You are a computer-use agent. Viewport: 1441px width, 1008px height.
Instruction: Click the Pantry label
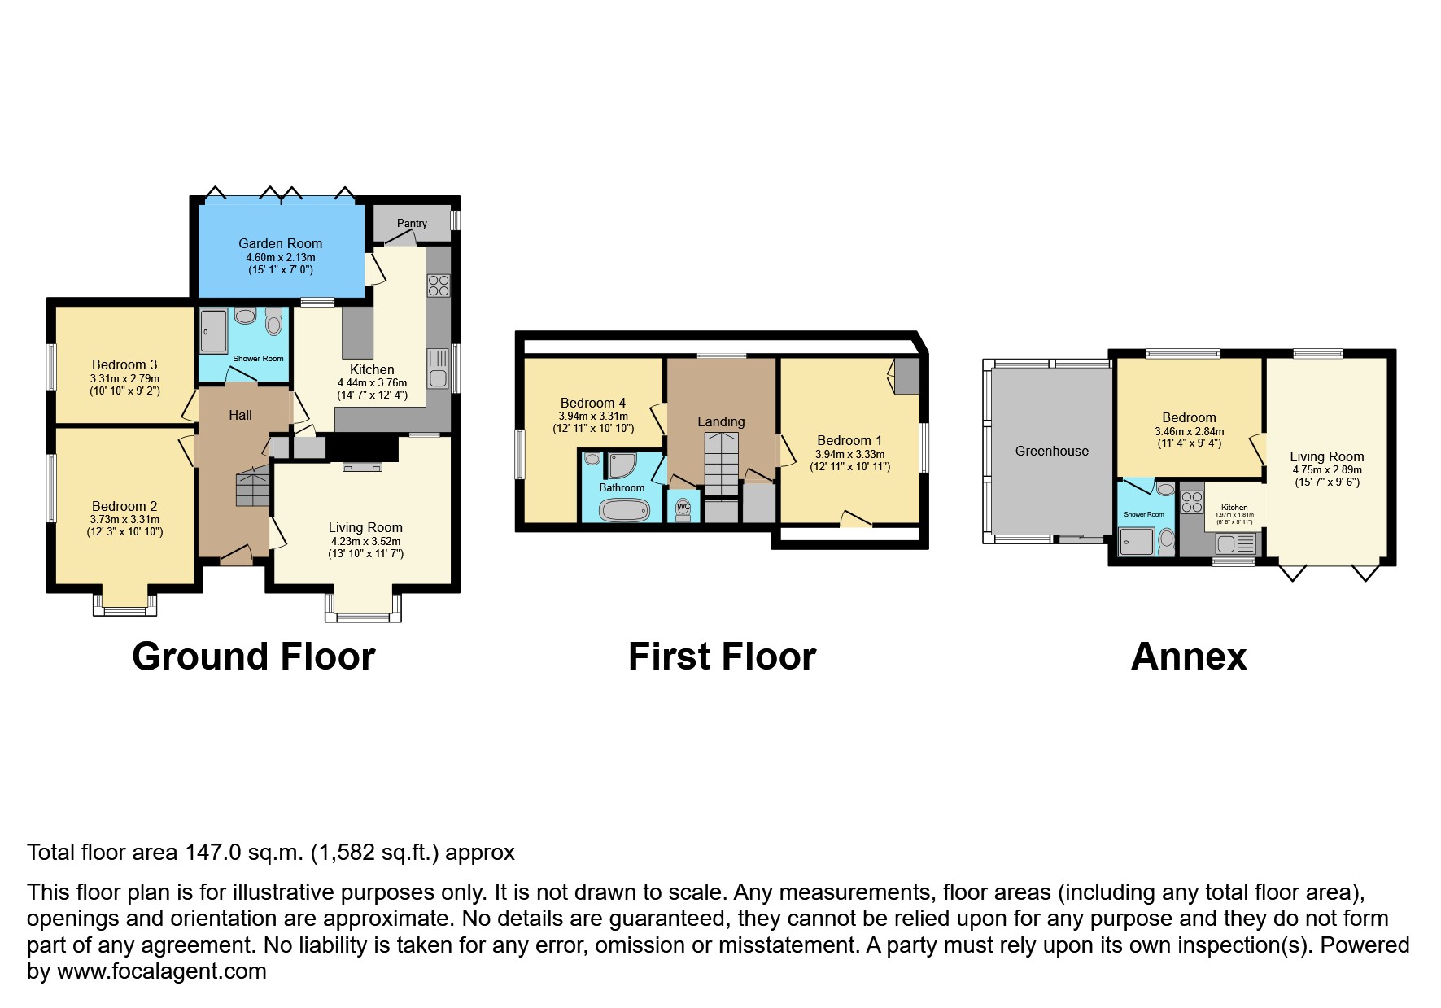tap(412, 223)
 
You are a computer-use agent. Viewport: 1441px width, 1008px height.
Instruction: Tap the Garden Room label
tap(280, 243)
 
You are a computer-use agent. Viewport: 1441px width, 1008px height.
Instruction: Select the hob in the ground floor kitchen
tap(439, 285)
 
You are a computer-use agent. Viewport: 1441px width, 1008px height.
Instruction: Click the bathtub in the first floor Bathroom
tap(624, 510)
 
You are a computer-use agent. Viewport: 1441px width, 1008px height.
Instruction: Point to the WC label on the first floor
tap(683, 506)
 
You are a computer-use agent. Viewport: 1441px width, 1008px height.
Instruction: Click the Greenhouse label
tap(1051, 451)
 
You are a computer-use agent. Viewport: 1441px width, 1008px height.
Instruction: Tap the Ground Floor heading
tap(253, 657)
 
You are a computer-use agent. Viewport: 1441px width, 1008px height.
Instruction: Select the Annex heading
tap(1188, 657)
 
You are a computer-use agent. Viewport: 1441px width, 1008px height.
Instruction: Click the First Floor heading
tap(722, 657)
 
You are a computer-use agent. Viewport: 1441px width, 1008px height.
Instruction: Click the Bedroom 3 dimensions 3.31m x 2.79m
tap(124, 378)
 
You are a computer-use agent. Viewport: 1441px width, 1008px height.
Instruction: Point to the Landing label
tap(720, 421)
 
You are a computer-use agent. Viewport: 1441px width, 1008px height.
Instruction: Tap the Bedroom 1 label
tap(849, 440)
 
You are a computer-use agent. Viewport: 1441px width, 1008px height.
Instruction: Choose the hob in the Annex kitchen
tap(1192, 502)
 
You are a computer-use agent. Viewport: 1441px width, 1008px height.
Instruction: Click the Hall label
tap(240, 415)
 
